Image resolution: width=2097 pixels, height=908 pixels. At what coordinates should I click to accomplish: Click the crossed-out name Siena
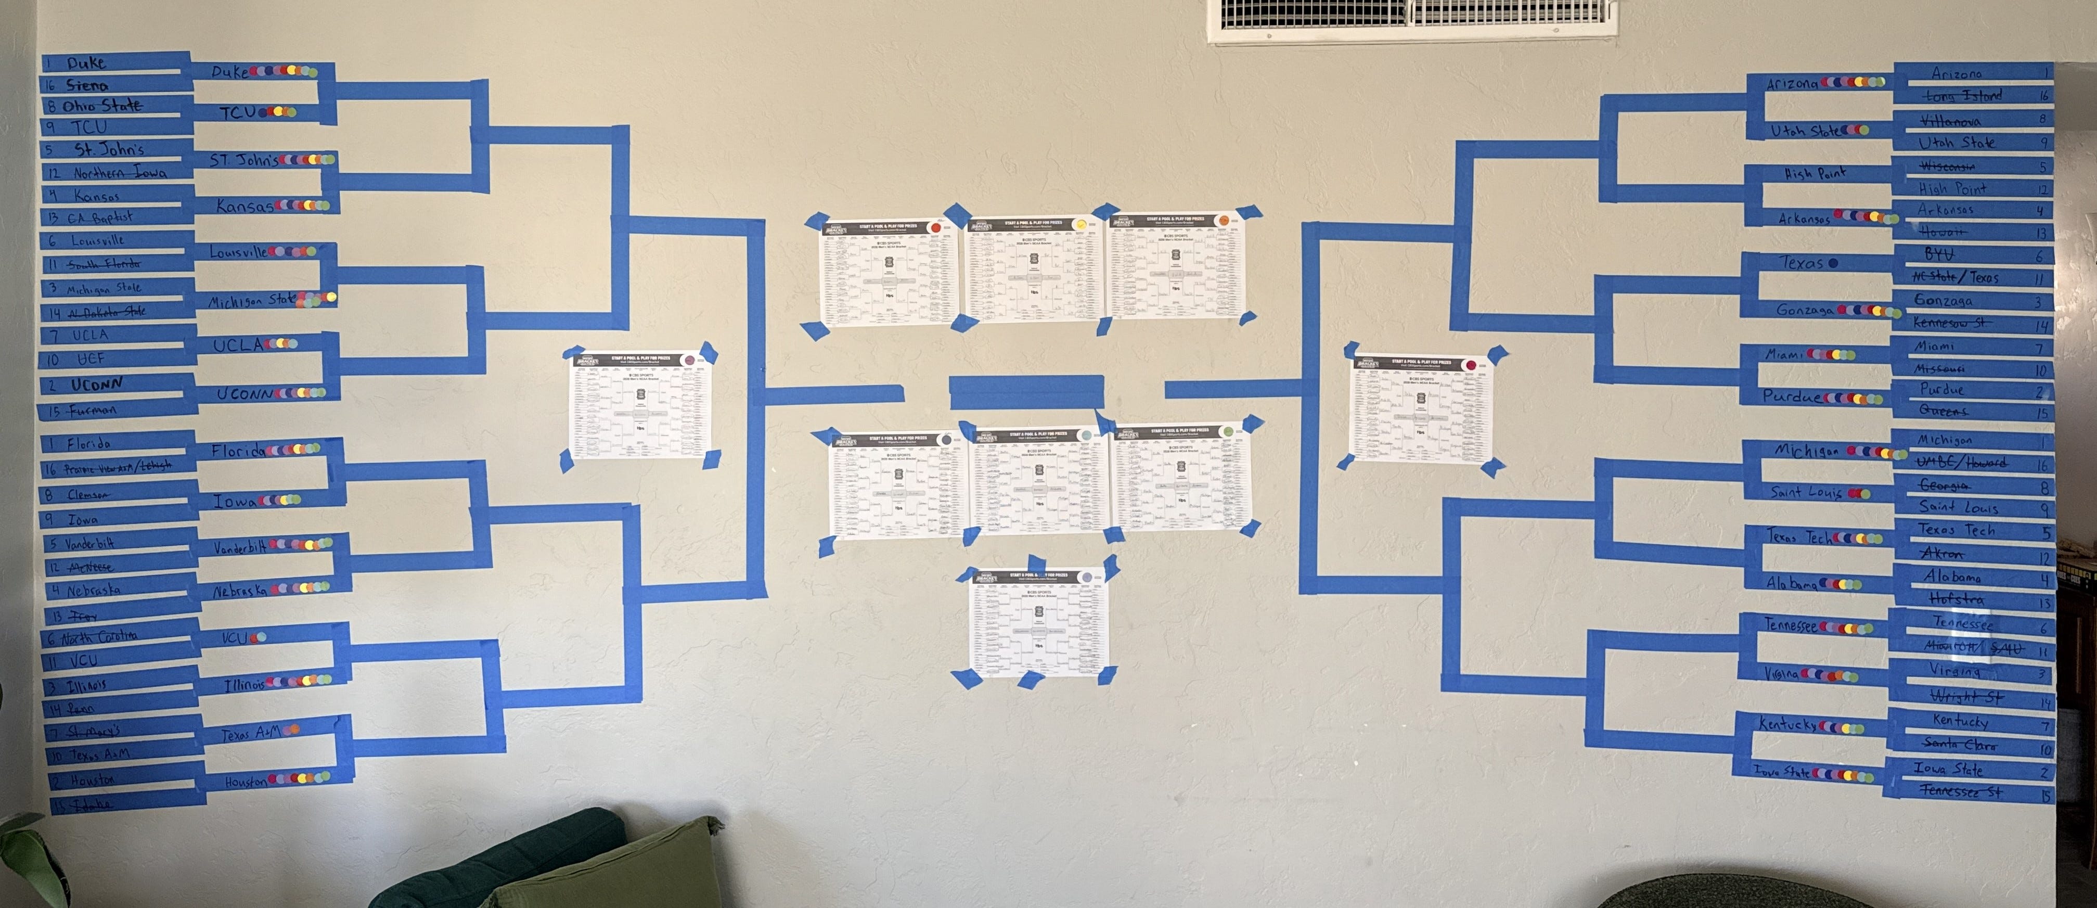coord(87,85)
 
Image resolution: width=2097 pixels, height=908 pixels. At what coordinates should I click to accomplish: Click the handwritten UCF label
coord(91,359)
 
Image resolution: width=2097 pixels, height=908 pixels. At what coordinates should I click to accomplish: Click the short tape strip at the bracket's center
coord(1026,392)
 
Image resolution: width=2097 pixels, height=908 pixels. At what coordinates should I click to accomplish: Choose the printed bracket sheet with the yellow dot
coord(1032,267)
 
